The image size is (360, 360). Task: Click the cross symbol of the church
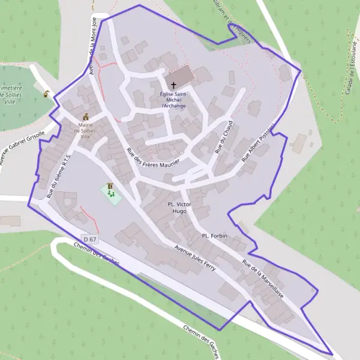174,85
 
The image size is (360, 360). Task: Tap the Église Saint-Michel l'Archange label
173,100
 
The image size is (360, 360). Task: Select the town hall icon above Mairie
86,116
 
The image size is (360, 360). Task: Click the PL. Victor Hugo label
179,208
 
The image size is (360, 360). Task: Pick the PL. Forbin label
215,236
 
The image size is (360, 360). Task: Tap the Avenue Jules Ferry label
194,256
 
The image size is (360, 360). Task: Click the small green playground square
110,193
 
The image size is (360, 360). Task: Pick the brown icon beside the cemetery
46,94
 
